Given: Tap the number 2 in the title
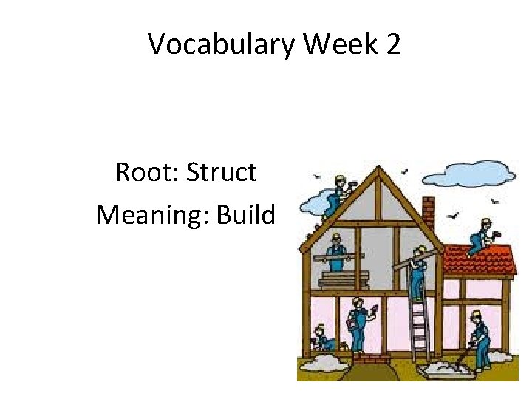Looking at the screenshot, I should pos(392,44).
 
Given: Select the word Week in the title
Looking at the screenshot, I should pos(338,44).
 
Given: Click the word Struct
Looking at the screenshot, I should pos(221,172).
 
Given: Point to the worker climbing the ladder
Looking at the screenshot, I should pos(417,273).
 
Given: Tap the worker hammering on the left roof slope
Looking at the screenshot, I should pos(336,194).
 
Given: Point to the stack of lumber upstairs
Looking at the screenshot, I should pos(344,279).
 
